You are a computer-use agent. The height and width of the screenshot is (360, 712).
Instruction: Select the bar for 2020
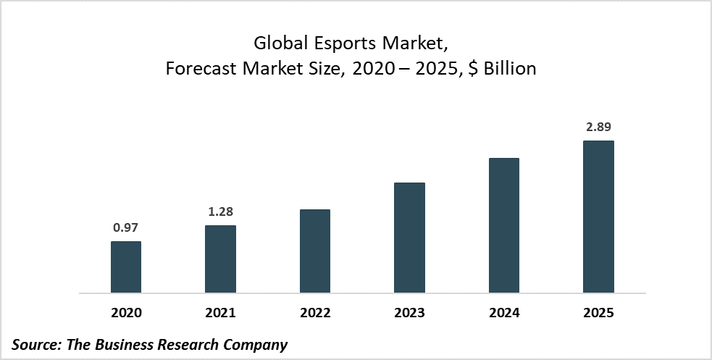point(126,267)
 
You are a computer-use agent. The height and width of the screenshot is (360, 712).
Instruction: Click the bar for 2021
point(220,259)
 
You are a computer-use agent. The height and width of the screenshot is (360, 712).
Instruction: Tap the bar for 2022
point(315,251)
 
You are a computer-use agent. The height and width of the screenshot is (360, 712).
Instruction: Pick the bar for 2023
point(409,238)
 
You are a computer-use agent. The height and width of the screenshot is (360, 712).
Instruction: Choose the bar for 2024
point(504,225)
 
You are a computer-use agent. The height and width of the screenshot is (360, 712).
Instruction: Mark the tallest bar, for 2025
point(598,217)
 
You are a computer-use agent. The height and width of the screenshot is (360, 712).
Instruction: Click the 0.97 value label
point(126,227)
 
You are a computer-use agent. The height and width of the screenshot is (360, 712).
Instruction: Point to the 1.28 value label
point(220,212)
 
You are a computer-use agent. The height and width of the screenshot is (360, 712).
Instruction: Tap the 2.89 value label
point(598,127)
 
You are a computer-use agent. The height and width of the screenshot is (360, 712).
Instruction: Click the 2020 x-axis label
point(126,313)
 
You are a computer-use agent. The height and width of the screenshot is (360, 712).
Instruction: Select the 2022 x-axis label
point(315,313)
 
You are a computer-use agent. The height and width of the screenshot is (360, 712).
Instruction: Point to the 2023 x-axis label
point(409,313)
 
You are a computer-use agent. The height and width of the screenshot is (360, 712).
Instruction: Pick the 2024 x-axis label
point(504,313)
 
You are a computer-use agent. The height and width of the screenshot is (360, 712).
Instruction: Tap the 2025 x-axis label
point(598,313)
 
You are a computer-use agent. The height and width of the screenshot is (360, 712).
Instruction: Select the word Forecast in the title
point(201,69)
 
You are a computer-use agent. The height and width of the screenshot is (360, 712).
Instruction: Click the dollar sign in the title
point(474,69)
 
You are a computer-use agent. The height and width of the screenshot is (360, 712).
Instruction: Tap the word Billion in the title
point(510,69)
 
